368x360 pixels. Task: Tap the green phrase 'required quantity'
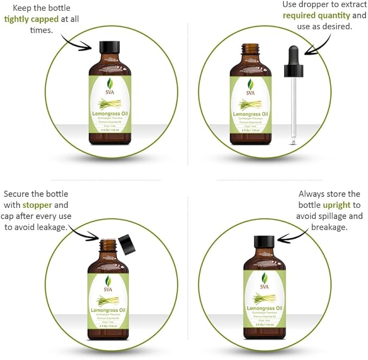tap(317, 15)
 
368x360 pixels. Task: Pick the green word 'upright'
tap(337, 205)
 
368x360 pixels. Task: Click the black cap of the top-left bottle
tap(109, 46)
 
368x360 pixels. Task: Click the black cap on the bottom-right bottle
tap(264, 242)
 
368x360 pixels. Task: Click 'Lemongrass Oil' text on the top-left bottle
tap(109, 114)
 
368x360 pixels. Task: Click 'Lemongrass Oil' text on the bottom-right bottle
tap(264, 308)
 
